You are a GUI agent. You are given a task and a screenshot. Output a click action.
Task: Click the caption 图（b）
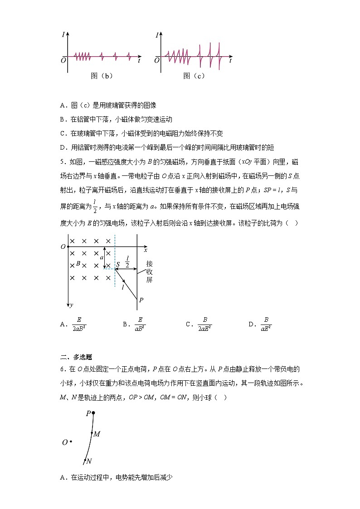(102, 76)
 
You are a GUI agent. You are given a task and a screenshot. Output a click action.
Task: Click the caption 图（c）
(194, 76)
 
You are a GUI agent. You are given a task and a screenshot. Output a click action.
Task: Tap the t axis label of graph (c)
(231, 60)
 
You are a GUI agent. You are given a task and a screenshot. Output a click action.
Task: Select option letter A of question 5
(63, 324)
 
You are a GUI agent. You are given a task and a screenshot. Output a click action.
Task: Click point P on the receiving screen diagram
(141, 300)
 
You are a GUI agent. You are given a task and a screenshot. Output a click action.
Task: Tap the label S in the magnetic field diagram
(118, 265)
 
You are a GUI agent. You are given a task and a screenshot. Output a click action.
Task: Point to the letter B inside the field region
(78, 263)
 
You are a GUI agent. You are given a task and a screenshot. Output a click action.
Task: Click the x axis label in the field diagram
(146, 250)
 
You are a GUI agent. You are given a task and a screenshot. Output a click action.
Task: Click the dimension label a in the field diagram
(102, 257)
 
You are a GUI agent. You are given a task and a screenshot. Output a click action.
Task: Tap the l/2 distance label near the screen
(127, 262)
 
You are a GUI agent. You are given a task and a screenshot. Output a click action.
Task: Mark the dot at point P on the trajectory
(93, 413)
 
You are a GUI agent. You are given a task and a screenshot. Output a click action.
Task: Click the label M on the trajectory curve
(97, 434)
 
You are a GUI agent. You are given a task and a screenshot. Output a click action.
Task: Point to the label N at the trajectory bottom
(89, 461)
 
